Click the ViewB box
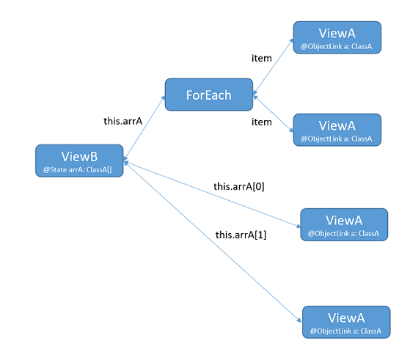79,161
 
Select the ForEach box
209,95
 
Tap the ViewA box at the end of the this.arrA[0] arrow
343,224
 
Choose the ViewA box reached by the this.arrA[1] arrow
345,322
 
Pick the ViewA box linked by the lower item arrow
337,130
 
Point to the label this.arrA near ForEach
122,121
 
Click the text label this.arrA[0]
239,187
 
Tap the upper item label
261,58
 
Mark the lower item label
261,122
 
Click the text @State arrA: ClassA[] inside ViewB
79,170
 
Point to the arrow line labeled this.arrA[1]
213,242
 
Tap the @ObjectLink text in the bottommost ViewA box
345,331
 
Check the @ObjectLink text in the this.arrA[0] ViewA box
343,234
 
